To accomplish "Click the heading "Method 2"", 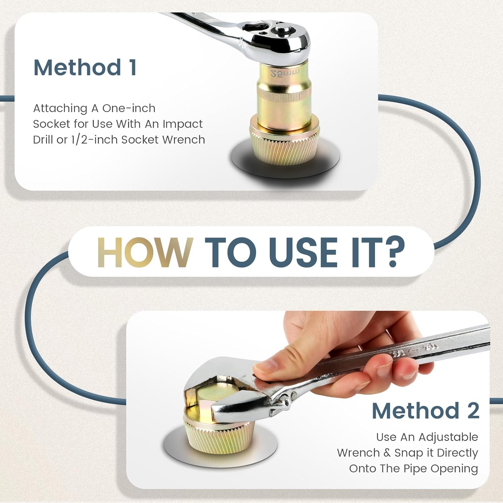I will coord(426,410).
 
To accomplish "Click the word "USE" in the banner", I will coord(303,252).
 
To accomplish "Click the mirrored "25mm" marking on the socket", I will coord(285,73).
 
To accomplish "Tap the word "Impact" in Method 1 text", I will coord(182,124).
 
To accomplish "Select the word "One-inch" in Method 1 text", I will coord(129,108).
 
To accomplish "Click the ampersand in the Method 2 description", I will coord(387,453).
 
